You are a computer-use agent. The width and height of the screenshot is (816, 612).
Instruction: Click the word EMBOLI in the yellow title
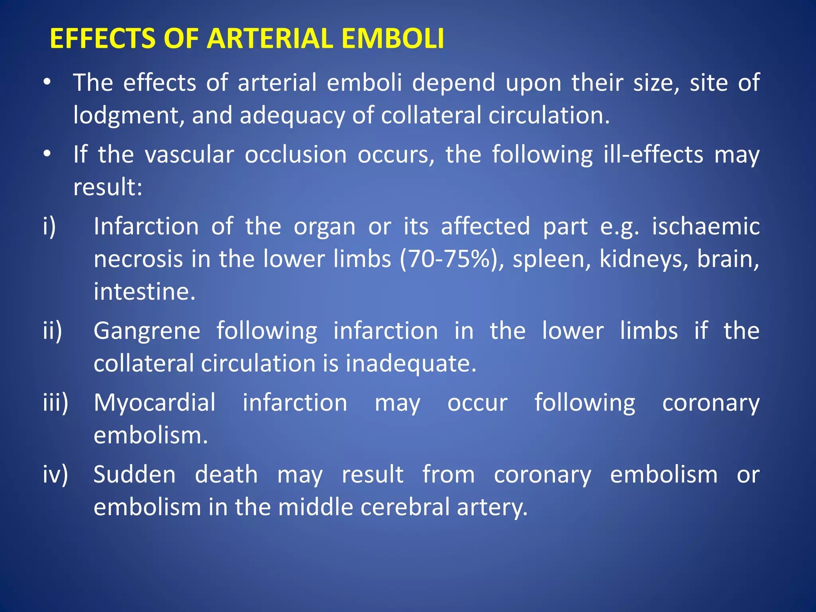pos(392,39)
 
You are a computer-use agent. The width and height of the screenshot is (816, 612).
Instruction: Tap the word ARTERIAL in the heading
pos(269,39)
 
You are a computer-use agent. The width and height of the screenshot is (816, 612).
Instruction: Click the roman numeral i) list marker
pos(49,226)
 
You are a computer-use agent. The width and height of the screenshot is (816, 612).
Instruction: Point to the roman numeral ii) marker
pos(53,331)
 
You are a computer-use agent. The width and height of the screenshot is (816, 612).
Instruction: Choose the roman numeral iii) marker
pos(55,402)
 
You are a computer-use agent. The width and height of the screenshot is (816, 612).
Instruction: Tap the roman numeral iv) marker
pos(55,474)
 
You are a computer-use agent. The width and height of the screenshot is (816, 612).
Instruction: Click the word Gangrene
pos(147,331)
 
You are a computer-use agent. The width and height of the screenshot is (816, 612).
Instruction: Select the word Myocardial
pos(155,403)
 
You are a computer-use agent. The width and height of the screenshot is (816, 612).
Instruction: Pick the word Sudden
pos(134,475)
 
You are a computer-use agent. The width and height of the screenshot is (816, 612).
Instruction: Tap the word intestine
pos(144,292)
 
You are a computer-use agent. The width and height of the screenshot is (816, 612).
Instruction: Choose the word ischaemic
pos(706,226)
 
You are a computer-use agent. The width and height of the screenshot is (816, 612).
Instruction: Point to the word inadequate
pos(411,364)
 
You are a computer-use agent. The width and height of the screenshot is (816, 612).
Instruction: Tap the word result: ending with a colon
pos(108,187)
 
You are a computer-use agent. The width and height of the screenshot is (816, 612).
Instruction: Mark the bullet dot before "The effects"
pos(47,82)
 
